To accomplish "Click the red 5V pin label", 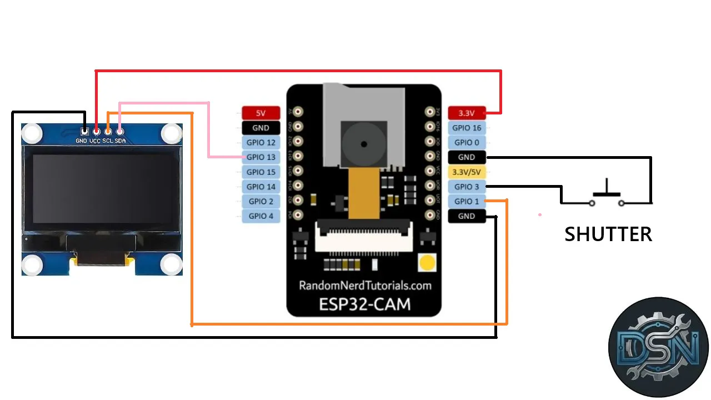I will [x=261, y=113].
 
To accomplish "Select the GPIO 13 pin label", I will [x=261, y=157].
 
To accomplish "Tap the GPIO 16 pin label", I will [x=467, y=128].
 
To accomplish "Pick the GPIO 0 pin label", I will [x=467, y=142].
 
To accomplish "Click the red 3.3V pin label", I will [x=467, y=113].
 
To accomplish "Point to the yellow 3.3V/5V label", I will [x=467, y=172].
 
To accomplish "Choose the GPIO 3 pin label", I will [x=467, y=187].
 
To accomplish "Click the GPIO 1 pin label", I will [x=467, y=201].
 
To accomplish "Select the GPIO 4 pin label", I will [x=261, y=216].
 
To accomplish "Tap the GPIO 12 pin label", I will [x=261, y=142].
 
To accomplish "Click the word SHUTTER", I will [x=608, y=234].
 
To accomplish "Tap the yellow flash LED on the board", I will [x=428, y=263].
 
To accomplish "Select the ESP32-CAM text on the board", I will [x=364, y=304].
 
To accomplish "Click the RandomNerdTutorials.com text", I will [x=365, y=286].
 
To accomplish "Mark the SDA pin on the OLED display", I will [x=119, y=132].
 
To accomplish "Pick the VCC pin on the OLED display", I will [x=97, y=132].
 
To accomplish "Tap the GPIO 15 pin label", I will [x=261, y=172].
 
